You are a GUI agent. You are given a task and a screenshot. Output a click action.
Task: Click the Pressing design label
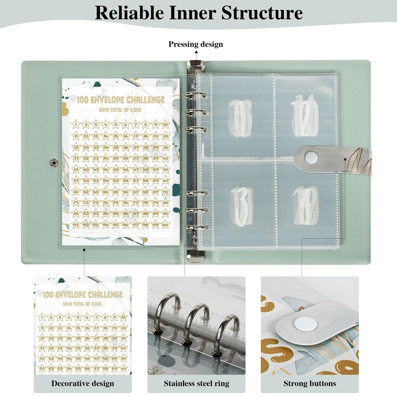[x=196, y=44]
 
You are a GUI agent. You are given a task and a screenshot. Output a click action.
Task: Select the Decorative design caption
[x=82, y=383]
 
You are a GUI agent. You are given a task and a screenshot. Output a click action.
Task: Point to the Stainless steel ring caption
[x=196, y=383]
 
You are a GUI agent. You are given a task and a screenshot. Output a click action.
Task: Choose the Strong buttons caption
[x=310, y=383]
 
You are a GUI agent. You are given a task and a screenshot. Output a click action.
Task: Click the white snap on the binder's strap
[x=311, y=157]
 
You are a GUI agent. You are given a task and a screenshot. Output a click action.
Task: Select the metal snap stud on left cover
[x=53, y=161]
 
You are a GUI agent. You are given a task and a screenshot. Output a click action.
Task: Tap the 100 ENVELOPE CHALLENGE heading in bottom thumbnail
[x=82, y=295]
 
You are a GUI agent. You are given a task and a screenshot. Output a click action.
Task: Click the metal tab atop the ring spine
[x=196, y=65]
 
